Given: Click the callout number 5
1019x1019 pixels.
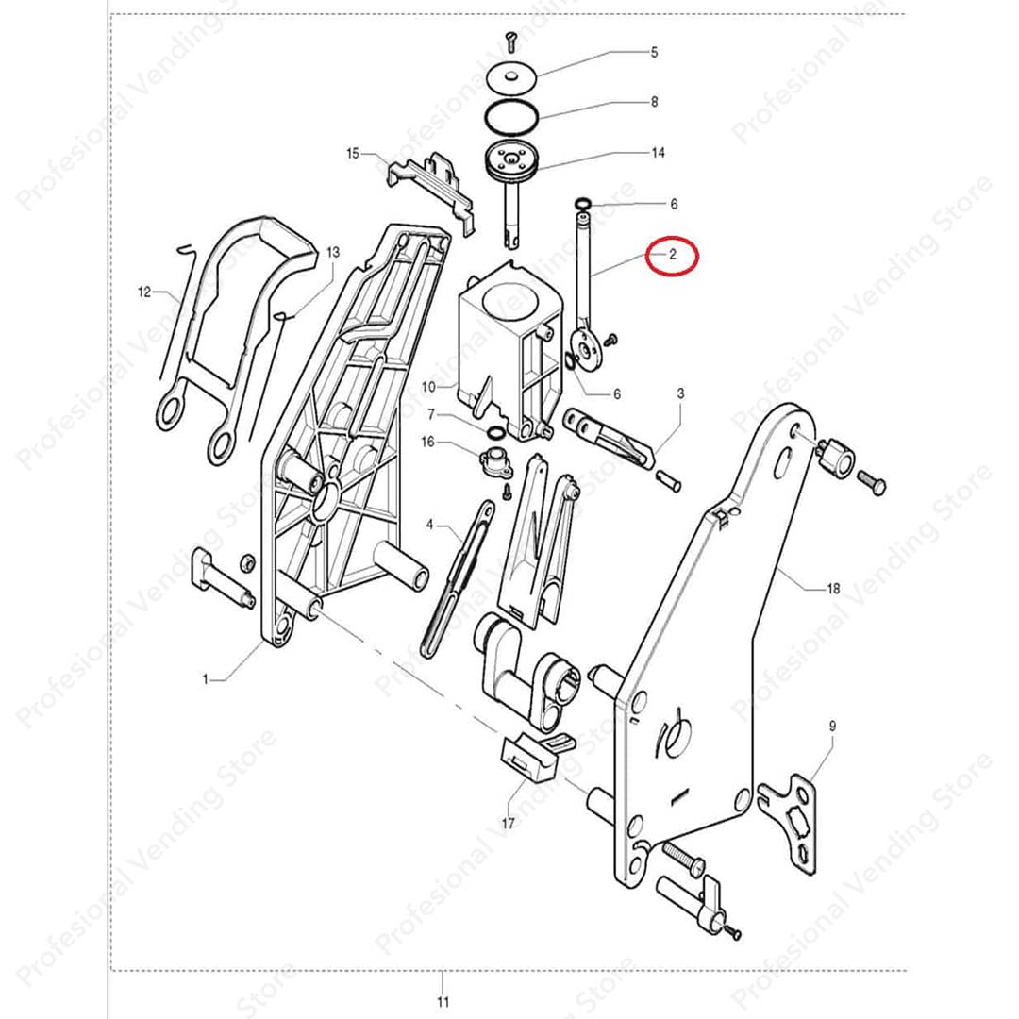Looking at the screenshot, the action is pyautogui.click(x=655, y=52).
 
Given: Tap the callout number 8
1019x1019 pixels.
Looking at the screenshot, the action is pyautogui.click(x=655, y=101).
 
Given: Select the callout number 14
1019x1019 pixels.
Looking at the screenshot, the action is pyautogui.click(x=659, y=153).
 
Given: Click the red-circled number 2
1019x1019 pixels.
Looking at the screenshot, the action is pyautogui.click(x=673, y=254).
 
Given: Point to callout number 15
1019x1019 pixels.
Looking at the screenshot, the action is pyautogui.click(x=353, y=154).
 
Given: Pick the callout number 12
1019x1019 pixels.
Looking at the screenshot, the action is pyautogui.click(x=144, y=292).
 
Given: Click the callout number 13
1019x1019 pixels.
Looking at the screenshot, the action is pyautogui.click(x=333, y=252).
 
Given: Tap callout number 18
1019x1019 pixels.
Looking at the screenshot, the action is pyautogui.click(x=833, y=589).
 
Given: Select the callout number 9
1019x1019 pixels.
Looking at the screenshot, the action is pyautogui.click(x=832, y=727).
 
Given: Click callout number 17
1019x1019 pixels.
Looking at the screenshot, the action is pyautogui.click(x=509, y=824).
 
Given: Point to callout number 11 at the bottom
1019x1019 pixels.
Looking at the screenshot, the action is pyautogui.click(x=443, y=1001).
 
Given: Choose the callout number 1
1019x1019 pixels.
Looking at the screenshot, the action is pyautogui.click(x=206, y=679).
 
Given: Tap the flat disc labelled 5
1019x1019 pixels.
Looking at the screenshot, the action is pyautogui.click(x=512, y=78).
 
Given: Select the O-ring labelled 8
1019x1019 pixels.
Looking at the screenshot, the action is pyautogui.click(x=511, y=116).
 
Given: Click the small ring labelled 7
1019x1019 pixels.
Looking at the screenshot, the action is pyautogui.click(x=495, y=432).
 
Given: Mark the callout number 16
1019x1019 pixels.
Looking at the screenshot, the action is pyautogui.click(x=427, y=443).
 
